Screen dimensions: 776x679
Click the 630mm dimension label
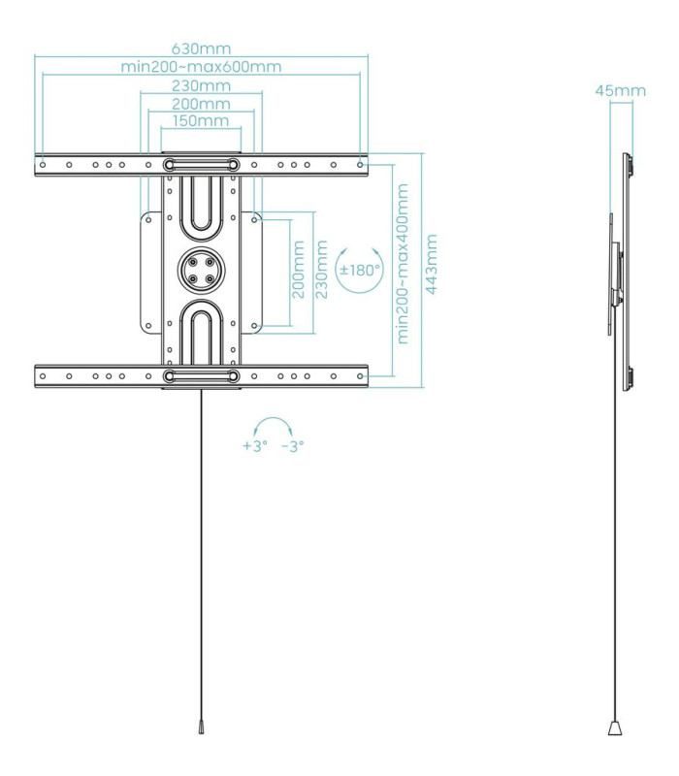pos(201,48)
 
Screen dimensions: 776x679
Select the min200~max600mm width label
pos(201,66)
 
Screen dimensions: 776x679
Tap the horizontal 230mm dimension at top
pos(201,85)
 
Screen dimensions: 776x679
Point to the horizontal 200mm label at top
pos(201,104)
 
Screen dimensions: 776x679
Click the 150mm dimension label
pos(201,121)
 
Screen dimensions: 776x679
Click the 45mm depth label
pos(620,91)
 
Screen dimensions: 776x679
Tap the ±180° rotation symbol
pos(359,270)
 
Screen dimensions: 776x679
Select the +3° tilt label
pos(254,446)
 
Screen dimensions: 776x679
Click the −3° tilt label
pos(292,446)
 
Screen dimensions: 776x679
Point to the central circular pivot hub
pos(201,268)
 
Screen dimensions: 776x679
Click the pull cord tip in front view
pos(201,727)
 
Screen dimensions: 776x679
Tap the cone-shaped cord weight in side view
pos(616,726)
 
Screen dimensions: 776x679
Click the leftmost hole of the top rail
pos(43,165)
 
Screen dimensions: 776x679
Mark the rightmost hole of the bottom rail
pos(360,375)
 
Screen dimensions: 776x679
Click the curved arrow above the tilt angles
pos(274,427)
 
